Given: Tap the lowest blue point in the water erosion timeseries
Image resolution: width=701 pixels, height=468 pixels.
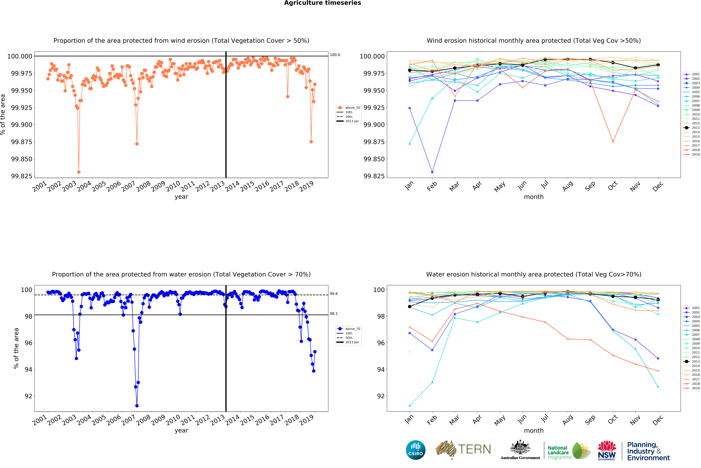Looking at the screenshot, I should coord(137,406).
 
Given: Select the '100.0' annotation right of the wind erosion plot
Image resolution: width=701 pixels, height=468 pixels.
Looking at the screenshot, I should coord(335,55).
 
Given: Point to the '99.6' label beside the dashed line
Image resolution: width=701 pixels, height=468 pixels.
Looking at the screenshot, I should coord(334,294).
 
